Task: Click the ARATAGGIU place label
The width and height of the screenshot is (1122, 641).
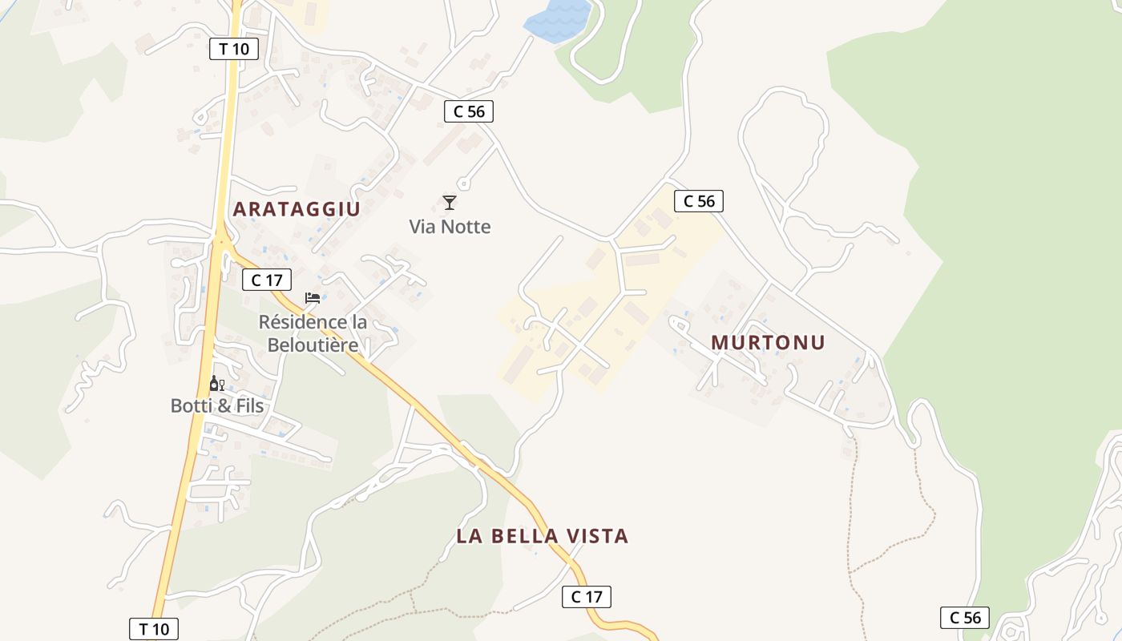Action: point(297,210)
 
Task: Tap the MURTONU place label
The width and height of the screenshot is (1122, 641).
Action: point(768,343)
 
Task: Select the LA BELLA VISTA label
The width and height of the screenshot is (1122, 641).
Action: point(542,536)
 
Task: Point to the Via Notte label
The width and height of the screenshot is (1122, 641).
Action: point(450,227)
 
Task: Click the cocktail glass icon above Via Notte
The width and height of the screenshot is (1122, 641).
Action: point(450,203)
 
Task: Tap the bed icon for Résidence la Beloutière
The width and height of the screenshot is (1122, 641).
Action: point(313,299)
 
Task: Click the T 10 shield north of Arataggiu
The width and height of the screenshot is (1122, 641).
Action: point(234,49)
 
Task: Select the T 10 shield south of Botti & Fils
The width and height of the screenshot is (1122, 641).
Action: point(153,629)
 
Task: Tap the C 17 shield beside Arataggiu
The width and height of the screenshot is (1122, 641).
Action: point(267,280)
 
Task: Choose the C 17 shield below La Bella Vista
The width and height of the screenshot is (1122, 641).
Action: point(586,597)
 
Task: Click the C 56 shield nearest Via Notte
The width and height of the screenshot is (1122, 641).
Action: point(469,111)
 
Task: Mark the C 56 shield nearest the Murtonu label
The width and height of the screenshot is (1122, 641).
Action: point(699,201)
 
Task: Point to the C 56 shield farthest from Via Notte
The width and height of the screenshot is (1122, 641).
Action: point(964,618)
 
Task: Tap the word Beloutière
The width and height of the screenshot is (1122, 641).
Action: point(313,345)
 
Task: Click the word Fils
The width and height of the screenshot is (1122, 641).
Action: point(249,406)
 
